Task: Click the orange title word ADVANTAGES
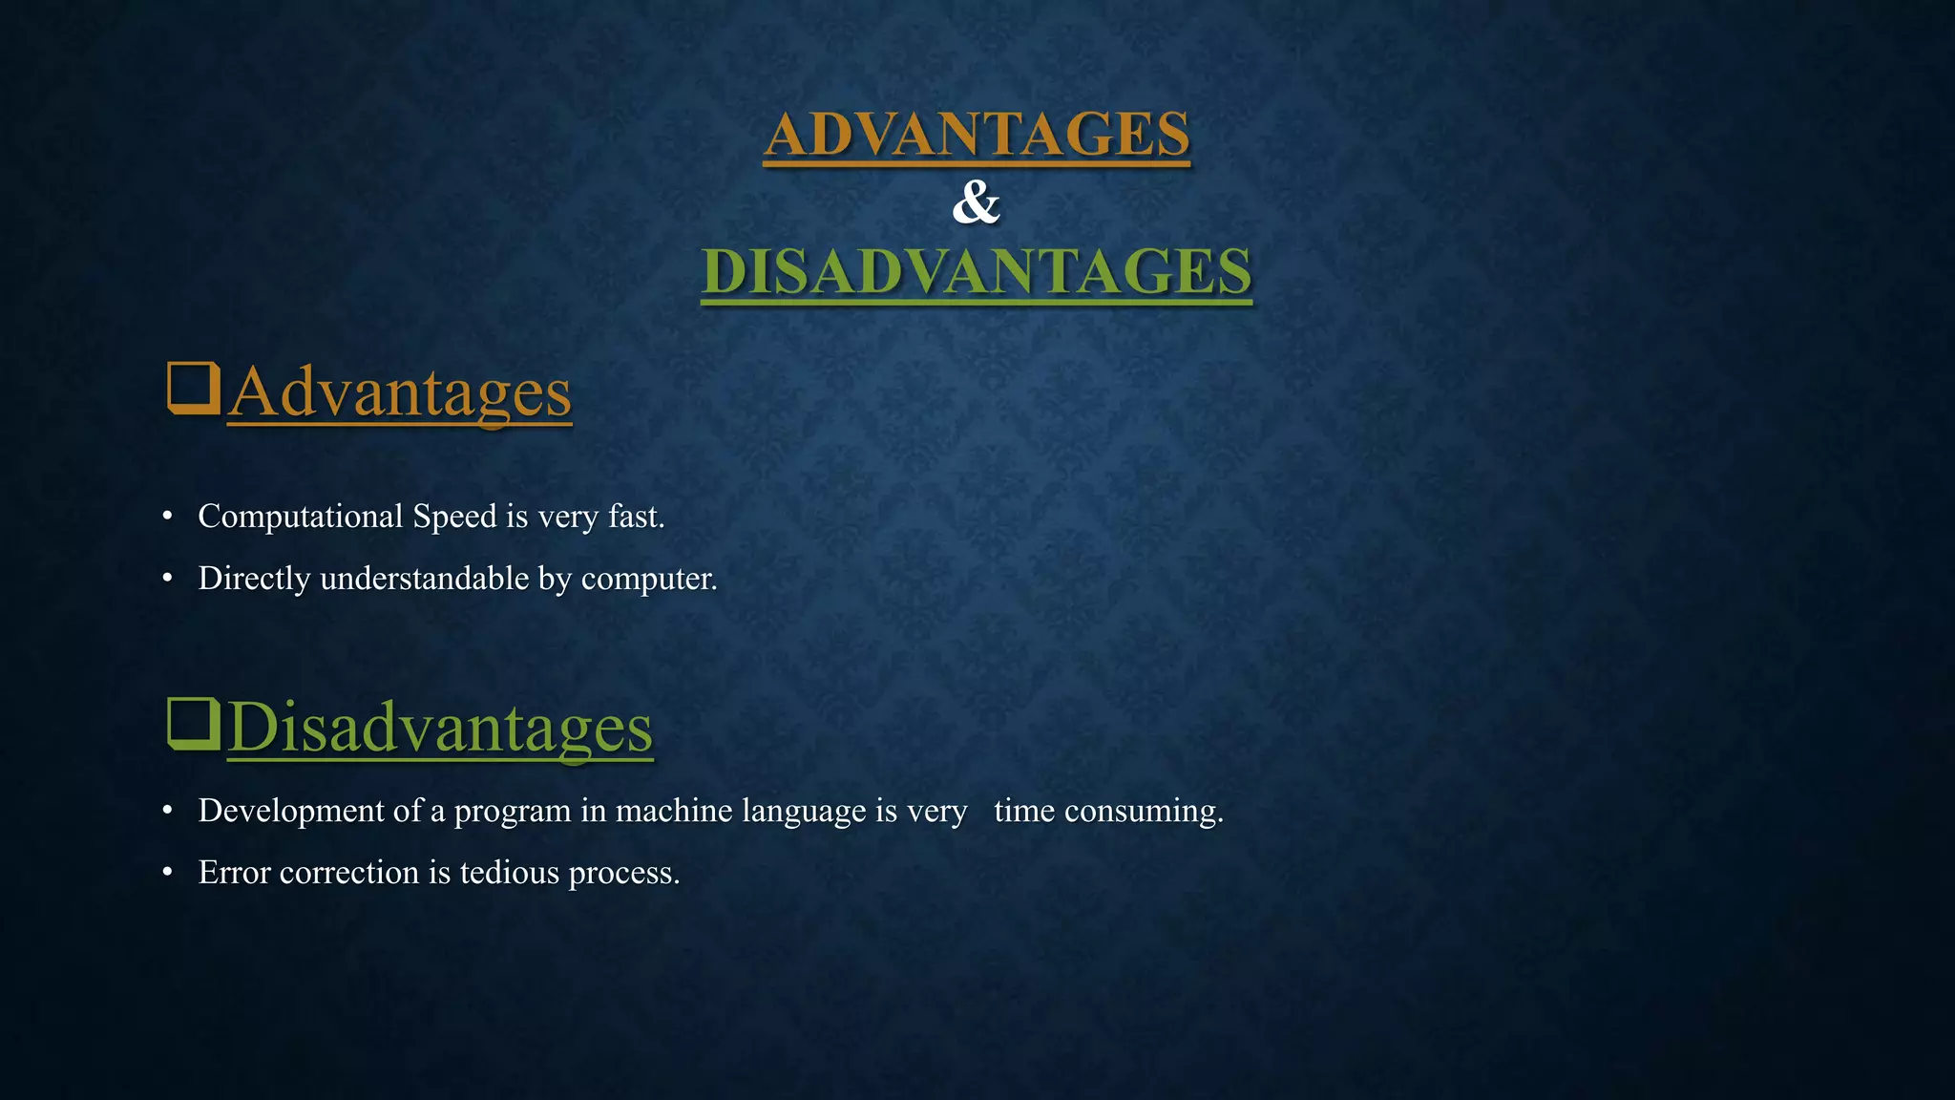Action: (977, 134)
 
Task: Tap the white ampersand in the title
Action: (976, 202)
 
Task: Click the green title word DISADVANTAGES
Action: (977, 271)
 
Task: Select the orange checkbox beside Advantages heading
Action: (193, 388)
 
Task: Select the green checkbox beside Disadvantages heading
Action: (193, 724)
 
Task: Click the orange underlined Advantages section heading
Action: (399, 392)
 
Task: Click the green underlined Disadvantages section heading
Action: (440, 729)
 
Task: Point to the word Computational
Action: (300, 517)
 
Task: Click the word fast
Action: (635, 517)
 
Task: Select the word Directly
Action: (254, 579)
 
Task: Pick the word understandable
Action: (424, 579)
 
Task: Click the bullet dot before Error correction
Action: (168, 872)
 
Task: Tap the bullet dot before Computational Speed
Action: (168, 517)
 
